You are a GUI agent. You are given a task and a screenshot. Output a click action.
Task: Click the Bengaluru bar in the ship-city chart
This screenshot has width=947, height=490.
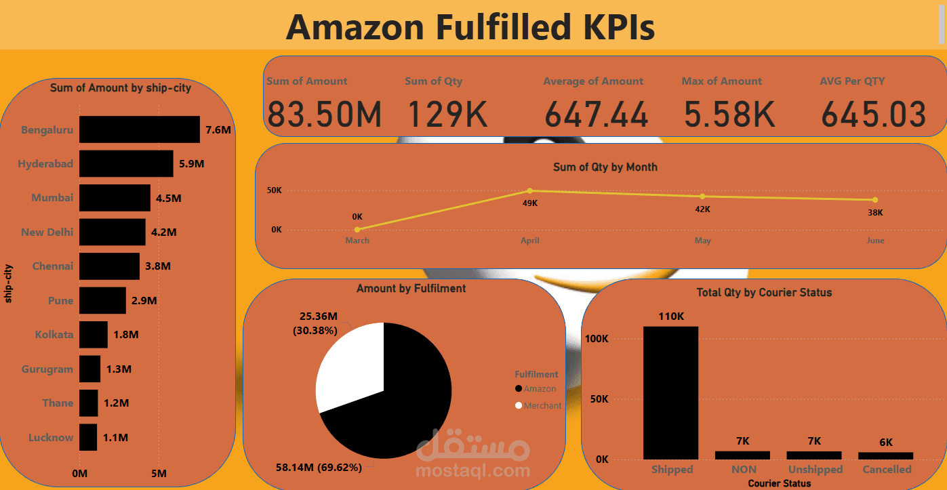(x=139, y=129)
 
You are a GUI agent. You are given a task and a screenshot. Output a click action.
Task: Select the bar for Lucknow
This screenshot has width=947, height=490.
(x=88, y=437)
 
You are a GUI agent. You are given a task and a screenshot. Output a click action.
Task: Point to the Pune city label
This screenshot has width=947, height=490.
(x=60, y=300)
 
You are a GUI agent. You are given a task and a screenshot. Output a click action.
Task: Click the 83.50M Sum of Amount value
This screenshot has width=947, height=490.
(x=324, y=114)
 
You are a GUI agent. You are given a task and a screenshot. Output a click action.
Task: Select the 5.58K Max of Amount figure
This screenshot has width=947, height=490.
(x=729, y=114)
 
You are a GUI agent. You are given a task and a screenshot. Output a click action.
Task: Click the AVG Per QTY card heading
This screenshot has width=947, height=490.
(x=852, y=81)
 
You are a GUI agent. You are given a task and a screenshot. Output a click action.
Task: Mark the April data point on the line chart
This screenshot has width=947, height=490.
(x=530, y=190)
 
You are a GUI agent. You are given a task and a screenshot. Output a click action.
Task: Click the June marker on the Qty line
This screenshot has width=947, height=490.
(x=875, y=200)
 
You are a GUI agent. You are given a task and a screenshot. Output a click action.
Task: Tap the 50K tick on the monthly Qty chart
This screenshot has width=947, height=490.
(x=274, y=190)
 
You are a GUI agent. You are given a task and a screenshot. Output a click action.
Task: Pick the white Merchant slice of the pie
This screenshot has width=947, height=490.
(x=349, y=366)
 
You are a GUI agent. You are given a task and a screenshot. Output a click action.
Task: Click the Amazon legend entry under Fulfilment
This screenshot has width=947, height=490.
(x=539, y=389)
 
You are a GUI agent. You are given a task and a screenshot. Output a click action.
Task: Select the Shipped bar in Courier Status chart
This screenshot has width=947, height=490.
(x=670, y=393)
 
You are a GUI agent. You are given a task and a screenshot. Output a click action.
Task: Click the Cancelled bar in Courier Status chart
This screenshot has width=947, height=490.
(x=885, y=455)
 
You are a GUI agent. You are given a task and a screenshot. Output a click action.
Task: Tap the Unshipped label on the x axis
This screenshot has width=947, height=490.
(x=815, y=470)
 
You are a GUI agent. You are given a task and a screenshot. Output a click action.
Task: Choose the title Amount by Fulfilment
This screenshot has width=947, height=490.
(x=411, y=289)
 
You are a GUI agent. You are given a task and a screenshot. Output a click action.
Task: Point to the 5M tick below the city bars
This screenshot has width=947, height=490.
(x=159, y=473)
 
